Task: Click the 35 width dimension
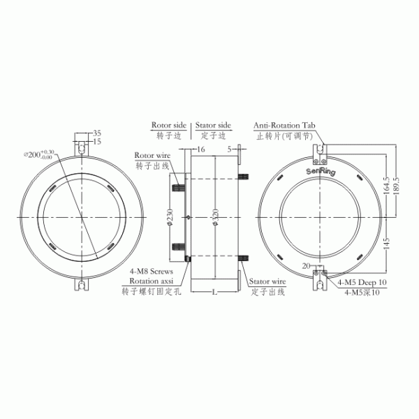(x=97, y=133)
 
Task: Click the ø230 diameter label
(x=170, y=218)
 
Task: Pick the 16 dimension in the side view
(x=200, y=149)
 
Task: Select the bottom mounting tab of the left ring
(x=83, y=285)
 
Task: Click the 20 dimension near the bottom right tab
(x=306, y=266)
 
